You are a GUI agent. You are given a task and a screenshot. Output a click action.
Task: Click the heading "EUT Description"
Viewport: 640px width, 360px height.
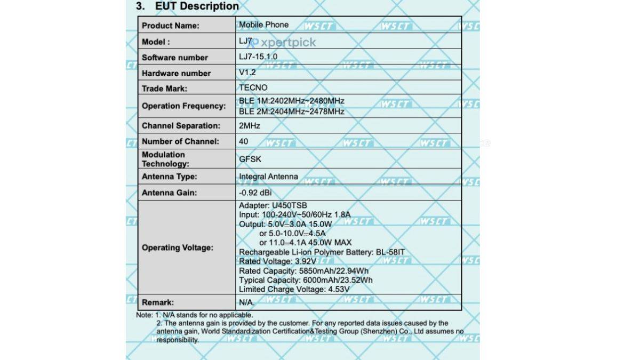pos(197,6)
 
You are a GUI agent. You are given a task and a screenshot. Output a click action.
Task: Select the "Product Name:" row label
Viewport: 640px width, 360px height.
pos(170,26)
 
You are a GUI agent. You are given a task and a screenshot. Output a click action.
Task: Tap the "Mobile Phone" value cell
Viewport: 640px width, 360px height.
pos(263,25)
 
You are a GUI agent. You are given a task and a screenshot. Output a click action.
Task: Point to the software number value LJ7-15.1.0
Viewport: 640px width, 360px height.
pos(258,57)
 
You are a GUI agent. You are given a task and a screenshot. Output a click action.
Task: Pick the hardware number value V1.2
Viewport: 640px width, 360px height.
pos(247,73)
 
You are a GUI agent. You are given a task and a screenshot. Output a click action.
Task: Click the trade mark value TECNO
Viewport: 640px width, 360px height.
pos(253,88)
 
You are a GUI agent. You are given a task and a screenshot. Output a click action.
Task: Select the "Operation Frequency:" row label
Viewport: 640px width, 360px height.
pos(183,106)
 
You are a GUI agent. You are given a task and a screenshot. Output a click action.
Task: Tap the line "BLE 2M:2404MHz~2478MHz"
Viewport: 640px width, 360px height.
pos(291,111)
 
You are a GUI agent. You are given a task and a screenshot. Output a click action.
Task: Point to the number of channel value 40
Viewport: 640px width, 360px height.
pos(244,142)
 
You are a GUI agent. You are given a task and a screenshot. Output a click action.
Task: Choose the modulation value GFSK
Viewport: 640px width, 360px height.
pos(250,159)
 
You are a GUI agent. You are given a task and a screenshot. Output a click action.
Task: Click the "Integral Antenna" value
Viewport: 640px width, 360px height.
pos(268,177)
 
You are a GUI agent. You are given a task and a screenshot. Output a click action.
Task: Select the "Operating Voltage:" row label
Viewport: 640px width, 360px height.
pos(177,248)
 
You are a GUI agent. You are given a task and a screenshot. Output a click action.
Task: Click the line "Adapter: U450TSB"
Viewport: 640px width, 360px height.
pos(273,205)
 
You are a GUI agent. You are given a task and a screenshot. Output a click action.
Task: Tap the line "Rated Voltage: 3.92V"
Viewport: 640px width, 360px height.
pos(277,261)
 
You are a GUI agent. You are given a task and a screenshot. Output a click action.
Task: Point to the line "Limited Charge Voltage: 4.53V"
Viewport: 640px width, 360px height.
pos(294,289)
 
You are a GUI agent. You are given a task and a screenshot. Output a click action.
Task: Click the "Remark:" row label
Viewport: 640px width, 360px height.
pos(158,302)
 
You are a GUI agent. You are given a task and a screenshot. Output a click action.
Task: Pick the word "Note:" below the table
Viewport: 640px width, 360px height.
pos(145,315)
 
